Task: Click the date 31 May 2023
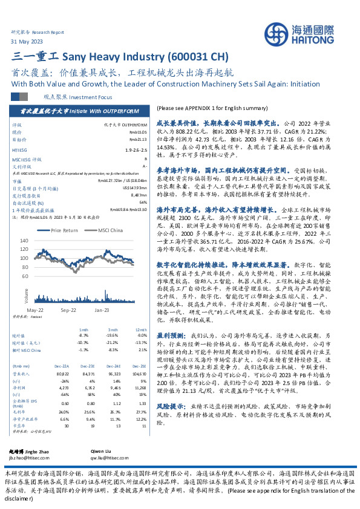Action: pyautogui.click(x=27, y=41)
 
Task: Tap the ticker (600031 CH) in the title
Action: pyautogui.click(x=197, y=57)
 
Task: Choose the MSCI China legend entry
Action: pyautogui.click(x=110, y=230)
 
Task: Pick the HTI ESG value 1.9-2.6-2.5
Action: pyautogui.click(x=136, y=149)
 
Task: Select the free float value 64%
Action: pyautogui.click(x=143, y=202)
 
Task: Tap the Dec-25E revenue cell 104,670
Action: pyautogui.click(x=139, y=357)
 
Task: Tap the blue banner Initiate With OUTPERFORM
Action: pyautogui.click(x=89, y=111)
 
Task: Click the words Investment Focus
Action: pyautogui.click(x=93, y=96)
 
